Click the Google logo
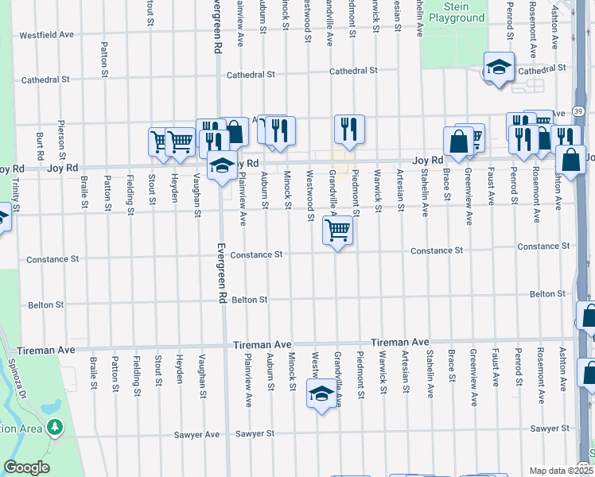coord(26,467)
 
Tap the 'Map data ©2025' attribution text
coord(562,471)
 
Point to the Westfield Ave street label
coord(46,35)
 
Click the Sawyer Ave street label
coord(196,435)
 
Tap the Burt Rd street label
coord(39,143)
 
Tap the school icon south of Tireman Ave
coord(321,394)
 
